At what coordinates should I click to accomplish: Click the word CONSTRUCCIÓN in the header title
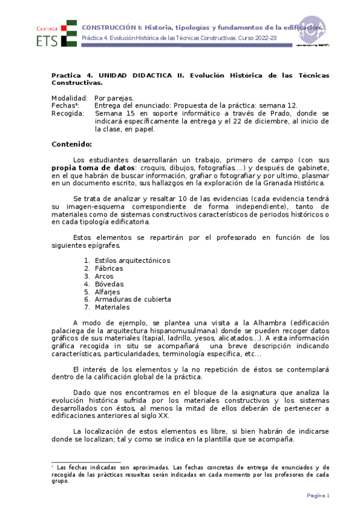(109, 28)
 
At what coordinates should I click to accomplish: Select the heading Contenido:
(72, 144)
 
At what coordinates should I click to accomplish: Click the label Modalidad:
(69, 97)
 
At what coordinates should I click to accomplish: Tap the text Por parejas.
(114, 97)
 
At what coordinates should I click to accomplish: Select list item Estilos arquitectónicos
(132, 260)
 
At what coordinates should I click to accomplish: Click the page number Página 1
(319, 496)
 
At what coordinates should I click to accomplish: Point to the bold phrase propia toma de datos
(93, 167)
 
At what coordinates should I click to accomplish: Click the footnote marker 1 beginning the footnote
(53, 466)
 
